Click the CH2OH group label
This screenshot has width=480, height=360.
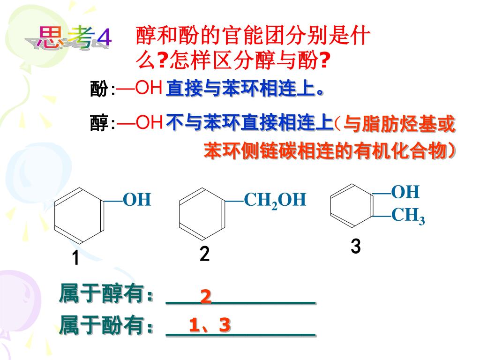[x=275, y=200]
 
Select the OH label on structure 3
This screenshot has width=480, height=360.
[x=405, y=192]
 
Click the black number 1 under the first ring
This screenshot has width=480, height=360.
[x=75, y=258]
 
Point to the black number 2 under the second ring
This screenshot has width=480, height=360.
[x=204, y=254]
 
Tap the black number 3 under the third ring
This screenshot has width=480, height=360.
[x=356, y=247]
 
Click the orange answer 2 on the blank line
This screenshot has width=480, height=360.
[x=206, y=297]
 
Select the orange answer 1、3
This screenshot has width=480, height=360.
[x=210, y=325]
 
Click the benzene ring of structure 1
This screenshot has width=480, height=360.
[x=79, y=216]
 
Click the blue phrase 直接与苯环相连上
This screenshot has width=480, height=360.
[x=240, y=89]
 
